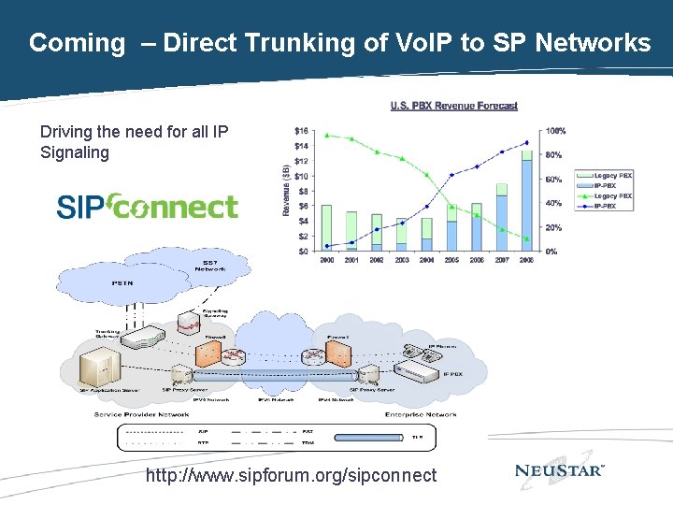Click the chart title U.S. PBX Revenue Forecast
[x=453, y=106]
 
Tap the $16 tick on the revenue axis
[x=301, y=130]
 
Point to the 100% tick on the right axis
[x=554, y=130]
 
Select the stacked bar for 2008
[x=527, y=201]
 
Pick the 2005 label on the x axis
[x=451, y=260]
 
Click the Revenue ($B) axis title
[x=285, y=190]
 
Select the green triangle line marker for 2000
[x=326, y=135]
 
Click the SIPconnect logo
[x=148, y=206]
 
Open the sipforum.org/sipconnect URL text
[x=291, y=475]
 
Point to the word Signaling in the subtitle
[x=75, y=152]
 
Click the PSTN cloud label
[x=122, y=282]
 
